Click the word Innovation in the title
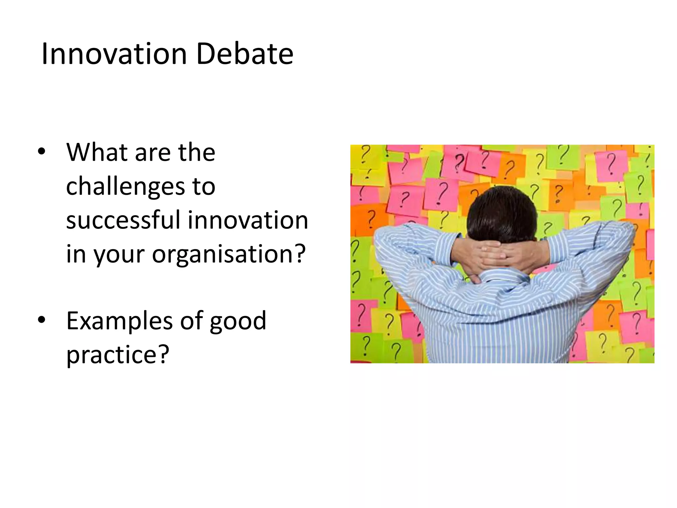(x=114, y=54)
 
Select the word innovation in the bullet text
(x=248, y=220)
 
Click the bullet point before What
(x=41, y=152)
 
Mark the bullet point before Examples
(x=41, y=320)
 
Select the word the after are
(x=197, y=152)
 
